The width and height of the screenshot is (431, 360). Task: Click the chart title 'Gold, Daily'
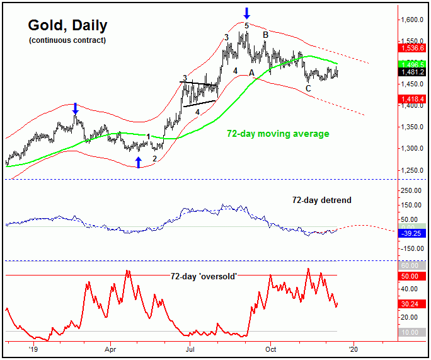67,26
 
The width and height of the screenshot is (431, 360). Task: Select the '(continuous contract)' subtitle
67,40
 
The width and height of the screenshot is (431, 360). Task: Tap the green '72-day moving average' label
278,134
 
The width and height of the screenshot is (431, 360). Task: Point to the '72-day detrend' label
321,200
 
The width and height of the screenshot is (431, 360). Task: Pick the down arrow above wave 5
247,12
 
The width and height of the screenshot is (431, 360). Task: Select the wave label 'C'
308,89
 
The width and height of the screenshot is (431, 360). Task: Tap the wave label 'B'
265,34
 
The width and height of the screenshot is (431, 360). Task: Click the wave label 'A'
252,73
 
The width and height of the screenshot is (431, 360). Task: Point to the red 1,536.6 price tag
411,48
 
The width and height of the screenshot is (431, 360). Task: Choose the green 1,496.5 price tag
411,64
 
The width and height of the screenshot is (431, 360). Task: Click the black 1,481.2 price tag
411,73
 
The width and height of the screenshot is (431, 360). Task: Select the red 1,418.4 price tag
411,98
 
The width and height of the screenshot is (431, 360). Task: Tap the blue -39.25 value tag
412,233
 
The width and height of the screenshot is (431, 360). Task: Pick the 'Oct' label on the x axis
272,347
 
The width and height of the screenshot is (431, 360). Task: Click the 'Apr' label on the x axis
112,347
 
